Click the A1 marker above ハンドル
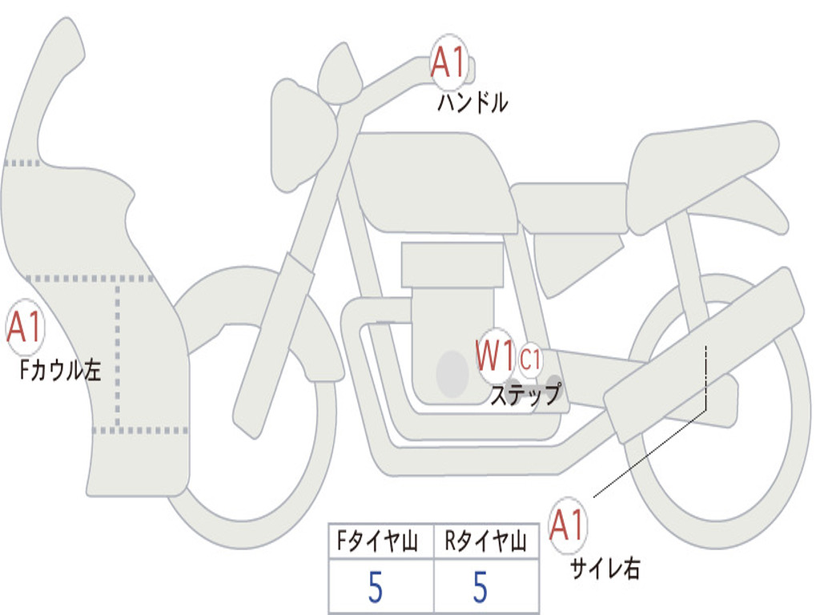tap(449, 62)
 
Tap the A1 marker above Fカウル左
tap(24, 328)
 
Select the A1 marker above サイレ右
tap(568, 525)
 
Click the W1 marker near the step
tap(495, 356)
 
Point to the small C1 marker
tap(530, 360)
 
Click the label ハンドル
tap(472, 102)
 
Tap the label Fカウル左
tap(61, 371)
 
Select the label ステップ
tap(525, 394)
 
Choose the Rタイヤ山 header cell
tap(485, 543)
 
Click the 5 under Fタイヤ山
tap(376, 588)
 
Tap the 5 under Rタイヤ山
tap(480, 588)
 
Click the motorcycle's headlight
tap(301, 135)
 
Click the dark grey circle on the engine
tap(452, 374)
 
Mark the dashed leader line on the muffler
tap(705, 376)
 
